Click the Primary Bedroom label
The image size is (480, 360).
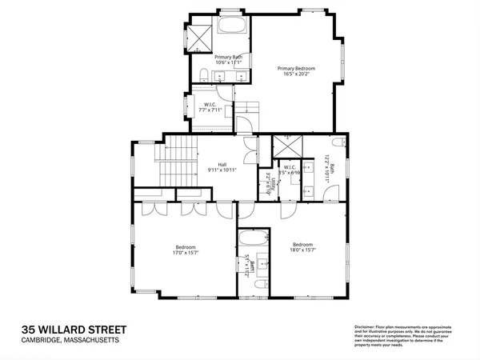pyautogui.click(x=296, y=69)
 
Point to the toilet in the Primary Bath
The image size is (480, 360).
pyautogui.click(x=205, y=75)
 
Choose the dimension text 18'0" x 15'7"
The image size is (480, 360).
pyautogui.click(x=302, y=250)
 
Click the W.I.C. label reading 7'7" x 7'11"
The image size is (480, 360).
pyautogui.click(x=210, y=109)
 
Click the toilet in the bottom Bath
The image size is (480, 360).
pyautogui.click(x=258, y=284)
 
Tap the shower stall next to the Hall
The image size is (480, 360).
pyautogui.click(x=284, y=148)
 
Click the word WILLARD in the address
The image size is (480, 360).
pyautogui.click(x=75, y=330)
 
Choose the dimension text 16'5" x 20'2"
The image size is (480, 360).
pyautogui.click(x=296, y=75)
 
